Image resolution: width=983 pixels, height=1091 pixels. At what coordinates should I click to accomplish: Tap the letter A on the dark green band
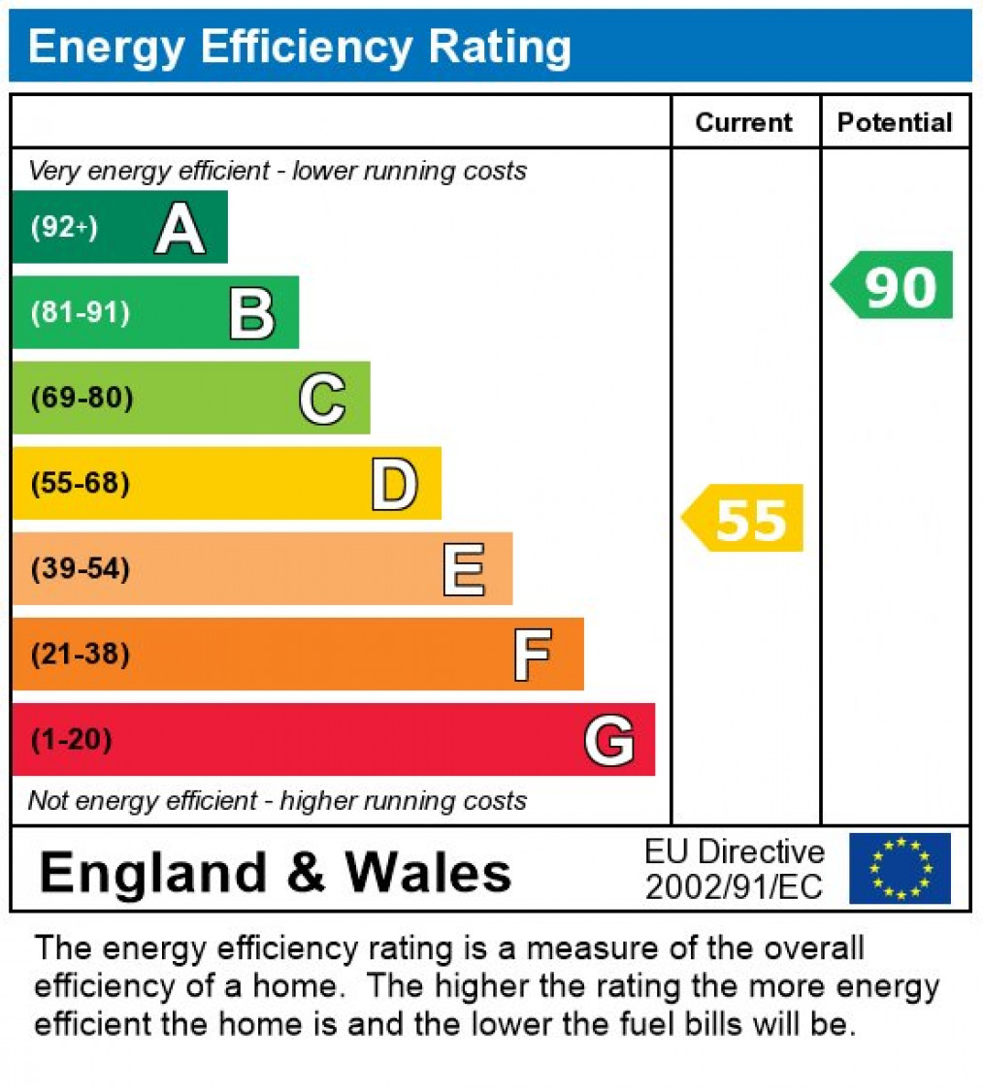point(180,230)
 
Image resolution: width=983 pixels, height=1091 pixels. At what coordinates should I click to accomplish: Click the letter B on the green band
point(251,313)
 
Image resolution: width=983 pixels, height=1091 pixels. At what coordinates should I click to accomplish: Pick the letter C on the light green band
point(322,399)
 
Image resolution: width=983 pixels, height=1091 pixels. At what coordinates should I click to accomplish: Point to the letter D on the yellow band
point(394,484)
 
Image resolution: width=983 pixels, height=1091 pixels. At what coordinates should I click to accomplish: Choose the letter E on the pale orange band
point(464,569)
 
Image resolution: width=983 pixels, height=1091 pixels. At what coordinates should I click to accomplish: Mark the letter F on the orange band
point(533,655)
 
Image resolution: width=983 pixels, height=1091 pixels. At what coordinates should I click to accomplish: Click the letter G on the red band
point(609,740)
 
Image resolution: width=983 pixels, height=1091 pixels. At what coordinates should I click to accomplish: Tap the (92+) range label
point(64,228)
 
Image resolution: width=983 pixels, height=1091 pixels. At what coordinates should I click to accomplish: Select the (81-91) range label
point(81,313)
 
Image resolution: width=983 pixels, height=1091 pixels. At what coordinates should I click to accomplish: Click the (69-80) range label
point(82,399)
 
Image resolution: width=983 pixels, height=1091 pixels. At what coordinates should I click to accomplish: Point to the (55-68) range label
point(81,483)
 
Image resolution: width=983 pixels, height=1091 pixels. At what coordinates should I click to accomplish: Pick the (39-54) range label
point(81,568)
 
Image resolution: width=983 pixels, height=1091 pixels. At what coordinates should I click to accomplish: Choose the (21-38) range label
point(81,655)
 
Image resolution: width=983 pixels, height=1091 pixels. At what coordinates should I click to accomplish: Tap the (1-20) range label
point(72,740)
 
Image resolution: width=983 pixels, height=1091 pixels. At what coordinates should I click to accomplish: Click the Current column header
point(744,122)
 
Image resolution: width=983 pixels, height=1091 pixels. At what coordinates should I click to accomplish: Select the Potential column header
point(895,122)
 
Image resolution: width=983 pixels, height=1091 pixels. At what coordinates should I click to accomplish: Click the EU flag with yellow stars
point(900,868)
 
